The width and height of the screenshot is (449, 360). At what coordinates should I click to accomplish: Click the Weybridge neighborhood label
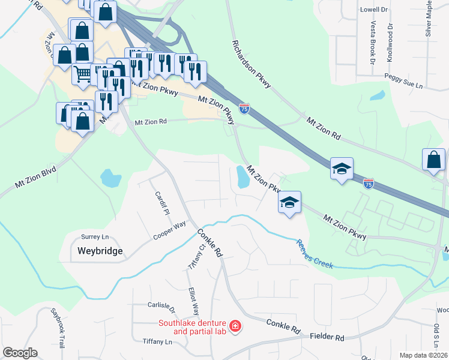click(100, 251)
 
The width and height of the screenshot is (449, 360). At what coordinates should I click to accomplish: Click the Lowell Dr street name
click(375, 10)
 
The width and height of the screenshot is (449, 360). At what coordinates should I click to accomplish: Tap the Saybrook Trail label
click(58, 329)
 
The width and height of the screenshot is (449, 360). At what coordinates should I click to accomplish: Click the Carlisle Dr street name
click(161, 305)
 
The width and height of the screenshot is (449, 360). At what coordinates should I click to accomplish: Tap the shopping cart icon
click(82, 74)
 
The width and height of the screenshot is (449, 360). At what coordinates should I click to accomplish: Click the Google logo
click(19, 353)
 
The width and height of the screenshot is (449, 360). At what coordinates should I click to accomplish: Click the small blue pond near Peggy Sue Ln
click(378, 95)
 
